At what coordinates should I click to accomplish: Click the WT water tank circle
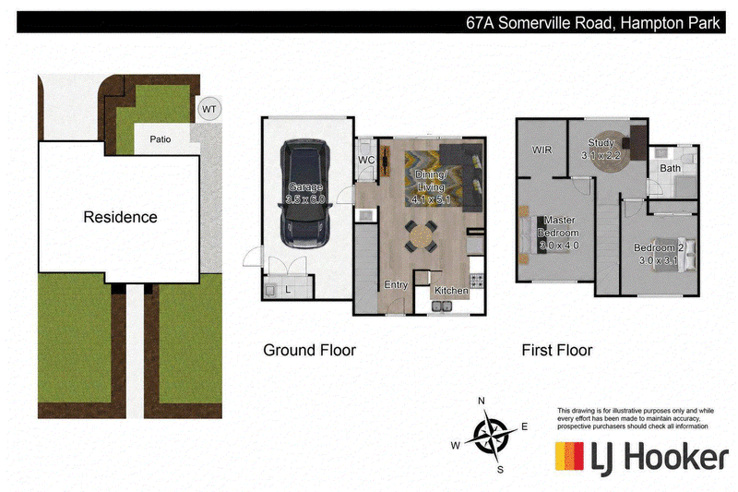point(209,109)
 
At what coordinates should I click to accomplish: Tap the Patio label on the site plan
point(160,139)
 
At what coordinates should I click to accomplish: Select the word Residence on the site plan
point(121,217)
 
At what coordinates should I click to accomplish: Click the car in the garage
point(305,193)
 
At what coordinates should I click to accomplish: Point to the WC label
point(366,160)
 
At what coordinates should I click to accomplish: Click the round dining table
point(419,237)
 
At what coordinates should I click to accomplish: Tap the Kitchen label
point(451,291)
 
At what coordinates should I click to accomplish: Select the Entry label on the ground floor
point(396,285)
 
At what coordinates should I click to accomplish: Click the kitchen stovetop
point(476,280)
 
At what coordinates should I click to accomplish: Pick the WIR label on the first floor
point(542,150)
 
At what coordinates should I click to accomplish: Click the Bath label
point(670,168)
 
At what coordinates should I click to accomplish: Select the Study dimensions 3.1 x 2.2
point(601,155)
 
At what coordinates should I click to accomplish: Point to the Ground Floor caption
point(309,350)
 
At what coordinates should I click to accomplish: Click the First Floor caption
point(557,350)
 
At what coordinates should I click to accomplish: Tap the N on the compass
point(481,402)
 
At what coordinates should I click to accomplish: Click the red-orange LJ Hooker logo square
point(569,456)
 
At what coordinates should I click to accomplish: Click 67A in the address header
point(480,22)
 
